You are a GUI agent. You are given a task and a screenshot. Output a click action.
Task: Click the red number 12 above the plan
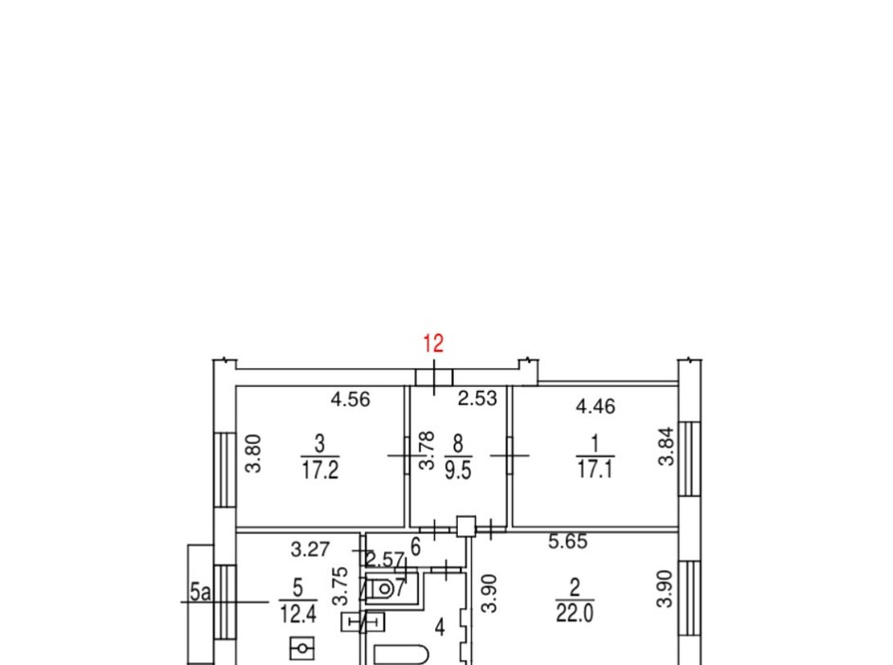click(433, 343)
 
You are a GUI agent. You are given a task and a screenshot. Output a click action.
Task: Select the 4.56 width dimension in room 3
click(350, 398)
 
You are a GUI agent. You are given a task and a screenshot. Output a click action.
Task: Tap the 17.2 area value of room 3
click(320, 471)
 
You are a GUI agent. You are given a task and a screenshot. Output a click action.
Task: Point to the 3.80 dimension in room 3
click(253, 453)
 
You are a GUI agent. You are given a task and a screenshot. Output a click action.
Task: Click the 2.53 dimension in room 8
click(477, 397)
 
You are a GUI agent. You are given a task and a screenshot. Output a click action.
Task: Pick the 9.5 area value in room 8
click(458, 471)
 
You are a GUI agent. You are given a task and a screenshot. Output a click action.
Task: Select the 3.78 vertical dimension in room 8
click(428, 451)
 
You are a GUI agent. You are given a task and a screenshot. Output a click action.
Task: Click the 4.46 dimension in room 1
click(595, 406)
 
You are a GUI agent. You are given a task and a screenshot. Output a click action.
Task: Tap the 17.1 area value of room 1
click(595, 470)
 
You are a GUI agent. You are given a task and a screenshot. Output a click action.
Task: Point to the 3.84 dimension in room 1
click(665, 447)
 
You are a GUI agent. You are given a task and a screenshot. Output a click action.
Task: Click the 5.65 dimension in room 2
click(568, 541)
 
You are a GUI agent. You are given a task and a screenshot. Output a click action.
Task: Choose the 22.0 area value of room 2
click(574, 613)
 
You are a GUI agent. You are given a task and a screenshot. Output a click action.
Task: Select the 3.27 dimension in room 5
click(310, 549)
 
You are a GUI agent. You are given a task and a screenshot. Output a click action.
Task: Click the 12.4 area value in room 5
click(298, 615)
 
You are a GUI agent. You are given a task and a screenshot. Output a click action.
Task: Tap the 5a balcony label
click(200, 592)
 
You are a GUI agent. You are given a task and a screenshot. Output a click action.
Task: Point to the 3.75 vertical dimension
click(340, 586)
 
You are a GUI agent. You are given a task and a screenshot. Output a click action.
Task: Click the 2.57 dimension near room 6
click(385, 560)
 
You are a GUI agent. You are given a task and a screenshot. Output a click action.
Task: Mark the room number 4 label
click(440, 628)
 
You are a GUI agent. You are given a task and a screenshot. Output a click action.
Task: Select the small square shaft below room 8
click(466, 526)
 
